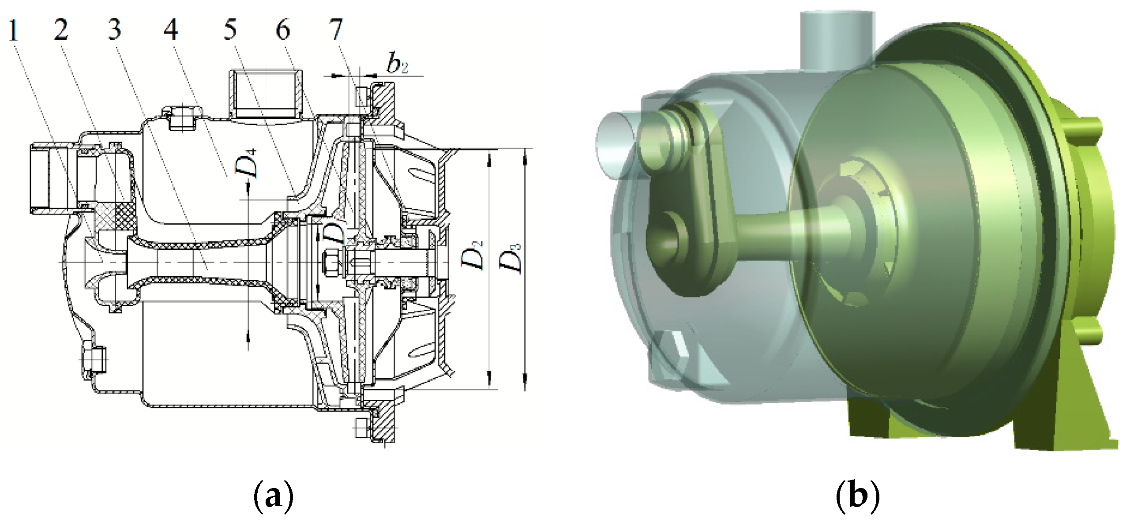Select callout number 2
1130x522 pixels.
[x=61, y=30]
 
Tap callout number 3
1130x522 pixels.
[x=114, y=30]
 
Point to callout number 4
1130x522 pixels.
[x=171, y=30]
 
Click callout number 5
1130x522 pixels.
[x=230, y=30]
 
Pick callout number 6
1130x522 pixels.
[x=283, y=30]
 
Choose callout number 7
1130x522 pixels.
[x=336, y=30]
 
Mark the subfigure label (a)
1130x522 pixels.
[x=274, y=496]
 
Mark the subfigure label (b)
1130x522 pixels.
[x=858, y=496]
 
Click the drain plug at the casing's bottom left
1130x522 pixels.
[x=94, y=360]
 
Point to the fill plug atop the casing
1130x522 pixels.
[x=182, y=118]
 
